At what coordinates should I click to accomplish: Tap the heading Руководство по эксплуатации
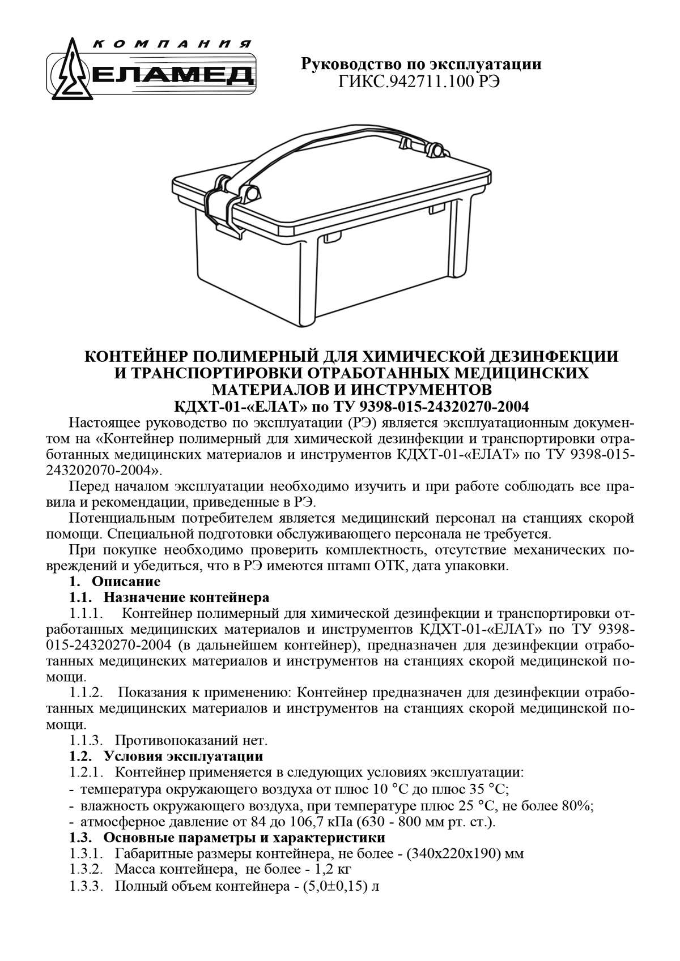click(x=420, y=64)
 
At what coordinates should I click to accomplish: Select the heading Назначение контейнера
click(x=186, y=597)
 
